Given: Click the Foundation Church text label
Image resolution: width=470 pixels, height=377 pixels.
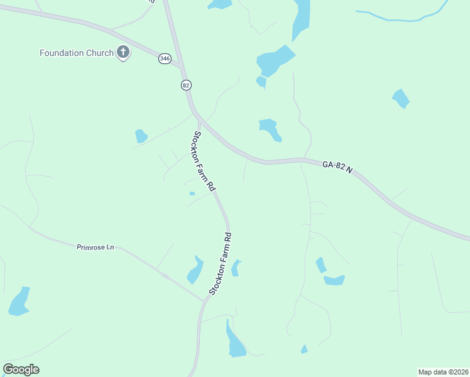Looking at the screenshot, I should [76, 53].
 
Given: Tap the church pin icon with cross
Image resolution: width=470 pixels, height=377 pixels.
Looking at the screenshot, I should [123, 53].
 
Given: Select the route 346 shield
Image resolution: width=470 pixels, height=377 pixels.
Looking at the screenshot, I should [165, 58].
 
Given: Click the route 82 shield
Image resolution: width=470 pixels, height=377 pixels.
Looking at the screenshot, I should [185, 85].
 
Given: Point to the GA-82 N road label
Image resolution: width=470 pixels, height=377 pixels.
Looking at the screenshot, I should [338, 165].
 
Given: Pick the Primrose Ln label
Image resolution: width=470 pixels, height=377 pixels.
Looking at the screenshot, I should [95, 248].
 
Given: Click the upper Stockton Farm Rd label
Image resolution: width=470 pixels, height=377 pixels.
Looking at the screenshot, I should [204, 161].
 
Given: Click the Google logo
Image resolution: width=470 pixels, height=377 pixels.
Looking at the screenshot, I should [21, 369].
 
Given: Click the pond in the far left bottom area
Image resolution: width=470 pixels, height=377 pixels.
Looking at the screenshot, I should [19, 302].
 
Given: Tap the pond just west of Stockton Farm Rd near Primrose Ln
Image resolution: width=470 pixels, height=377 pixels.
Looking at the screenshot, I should [195, 271].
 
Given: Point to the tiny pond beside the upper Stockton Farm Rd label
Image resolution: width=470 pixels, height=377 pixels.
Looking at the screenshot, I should [192, 194].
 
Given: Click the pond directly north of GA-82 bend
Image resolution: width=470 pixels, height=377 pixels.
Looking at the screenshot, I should [270, 129].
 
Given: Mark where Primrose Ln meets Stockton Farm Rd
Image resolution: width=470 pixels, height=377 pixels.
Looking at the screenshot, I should [204, 300].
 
